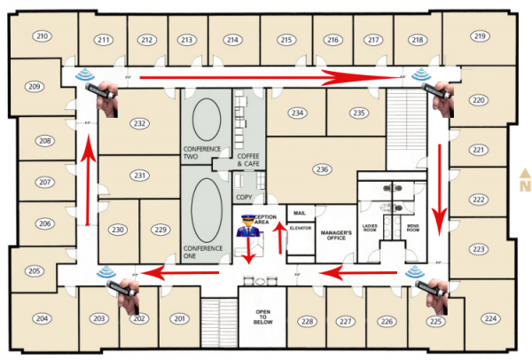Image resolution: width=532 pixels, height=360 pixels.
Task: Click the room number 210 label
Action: pos(42,36)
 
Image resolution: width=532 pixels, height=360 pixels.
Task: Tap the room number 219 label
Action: pos(480,36)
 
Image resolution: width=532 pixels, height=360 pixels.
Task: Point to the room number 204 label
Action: pos(42,318)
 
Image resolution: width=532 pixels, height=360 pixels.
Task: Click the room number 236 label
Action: pos(322,168)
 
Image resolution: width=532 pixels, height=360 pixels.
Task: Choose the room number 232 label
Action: pos(138,123)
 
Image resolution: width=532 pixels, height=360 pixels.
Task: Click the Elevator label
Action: pos(301,228)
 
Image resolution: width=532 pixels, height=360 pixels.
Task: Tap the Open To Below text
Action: pos(262,317)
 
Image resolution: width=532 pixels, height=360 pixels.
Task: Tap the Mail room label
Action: pos(299,214)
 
